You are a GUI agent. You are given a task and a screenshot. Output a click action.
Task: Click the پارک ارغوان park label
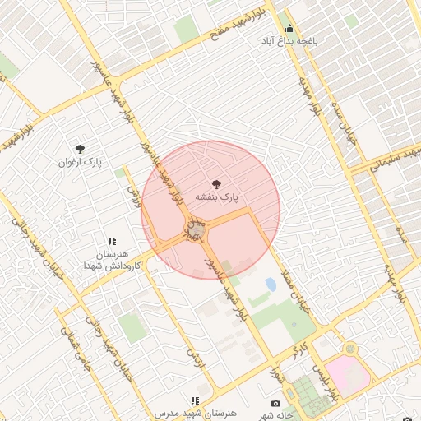[80, 162]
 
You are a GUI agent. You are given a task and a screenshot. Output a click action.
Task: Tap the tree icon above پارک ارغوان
[80, 149]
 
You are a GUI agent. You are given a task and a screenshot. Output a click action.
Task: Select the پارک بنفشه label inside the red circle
[216, 197]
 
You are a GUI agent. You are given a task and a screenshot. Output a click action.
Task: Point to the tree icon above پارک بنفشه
[216, 184]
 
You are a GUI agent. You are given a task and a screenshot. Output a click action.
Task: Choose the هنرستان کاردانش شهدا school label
[112, 261]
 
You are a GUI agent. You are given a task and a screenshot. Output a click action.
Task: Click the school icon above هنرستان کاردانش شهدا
[112, 242]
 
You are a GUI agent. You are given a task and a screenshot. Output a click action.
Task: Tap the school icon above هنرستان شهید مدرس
[195, 400]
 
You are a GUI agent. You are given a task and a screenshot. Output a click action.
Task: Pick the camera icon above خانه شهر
[275, 404]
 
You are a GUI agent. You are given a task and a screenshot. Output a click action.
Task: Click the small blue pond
[271, 285]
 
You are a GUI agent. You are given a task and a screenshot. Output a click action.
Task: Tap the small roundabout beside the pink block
[351, 349]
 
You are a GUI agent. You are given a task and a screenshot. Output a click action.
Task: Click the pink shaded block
[349, 374]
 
